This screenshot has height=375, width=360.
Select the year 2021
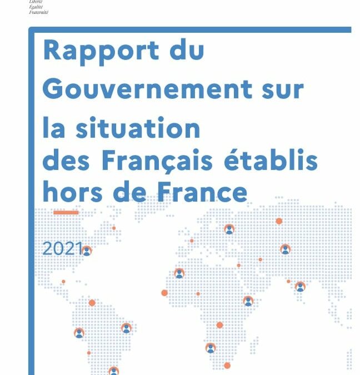tap(62, 249)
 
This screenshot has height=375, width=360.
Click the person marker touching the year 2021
tap(86, 251)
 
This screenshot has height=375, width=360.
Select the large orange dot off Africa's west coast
tap(164, 293)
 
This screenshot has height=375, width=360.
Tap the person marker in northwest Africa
tap(179, 273)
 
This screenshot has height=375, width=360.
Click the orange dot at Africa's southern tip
tap(227, 365)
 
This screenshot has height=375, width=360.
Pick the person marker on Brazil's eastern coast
tap(126, 328)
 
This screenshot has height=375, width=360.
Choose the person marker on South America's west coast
tap(79, 333)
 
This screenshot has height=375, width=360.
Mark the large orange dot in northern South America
tap(92, 303)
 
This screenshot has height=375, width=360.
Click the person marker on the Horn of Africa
tap(248, 301)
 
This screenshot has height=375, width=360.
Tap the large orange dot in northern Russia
tap(279, 221)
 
